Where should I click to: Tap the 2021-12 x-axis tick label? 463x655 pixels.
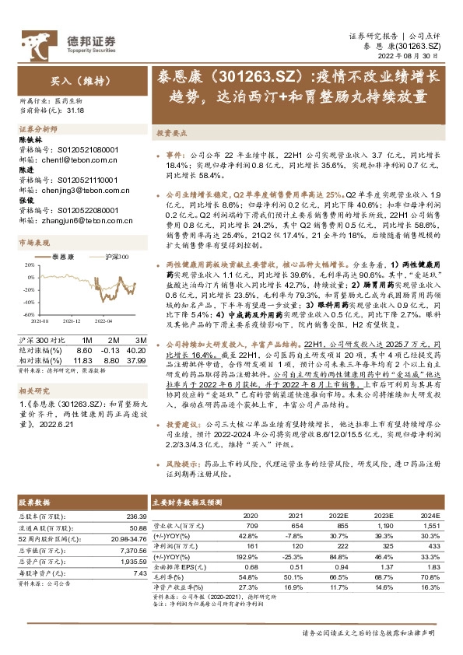click(72, 320)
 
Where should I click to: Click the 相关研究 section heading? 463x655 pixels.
click(33, 390)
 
